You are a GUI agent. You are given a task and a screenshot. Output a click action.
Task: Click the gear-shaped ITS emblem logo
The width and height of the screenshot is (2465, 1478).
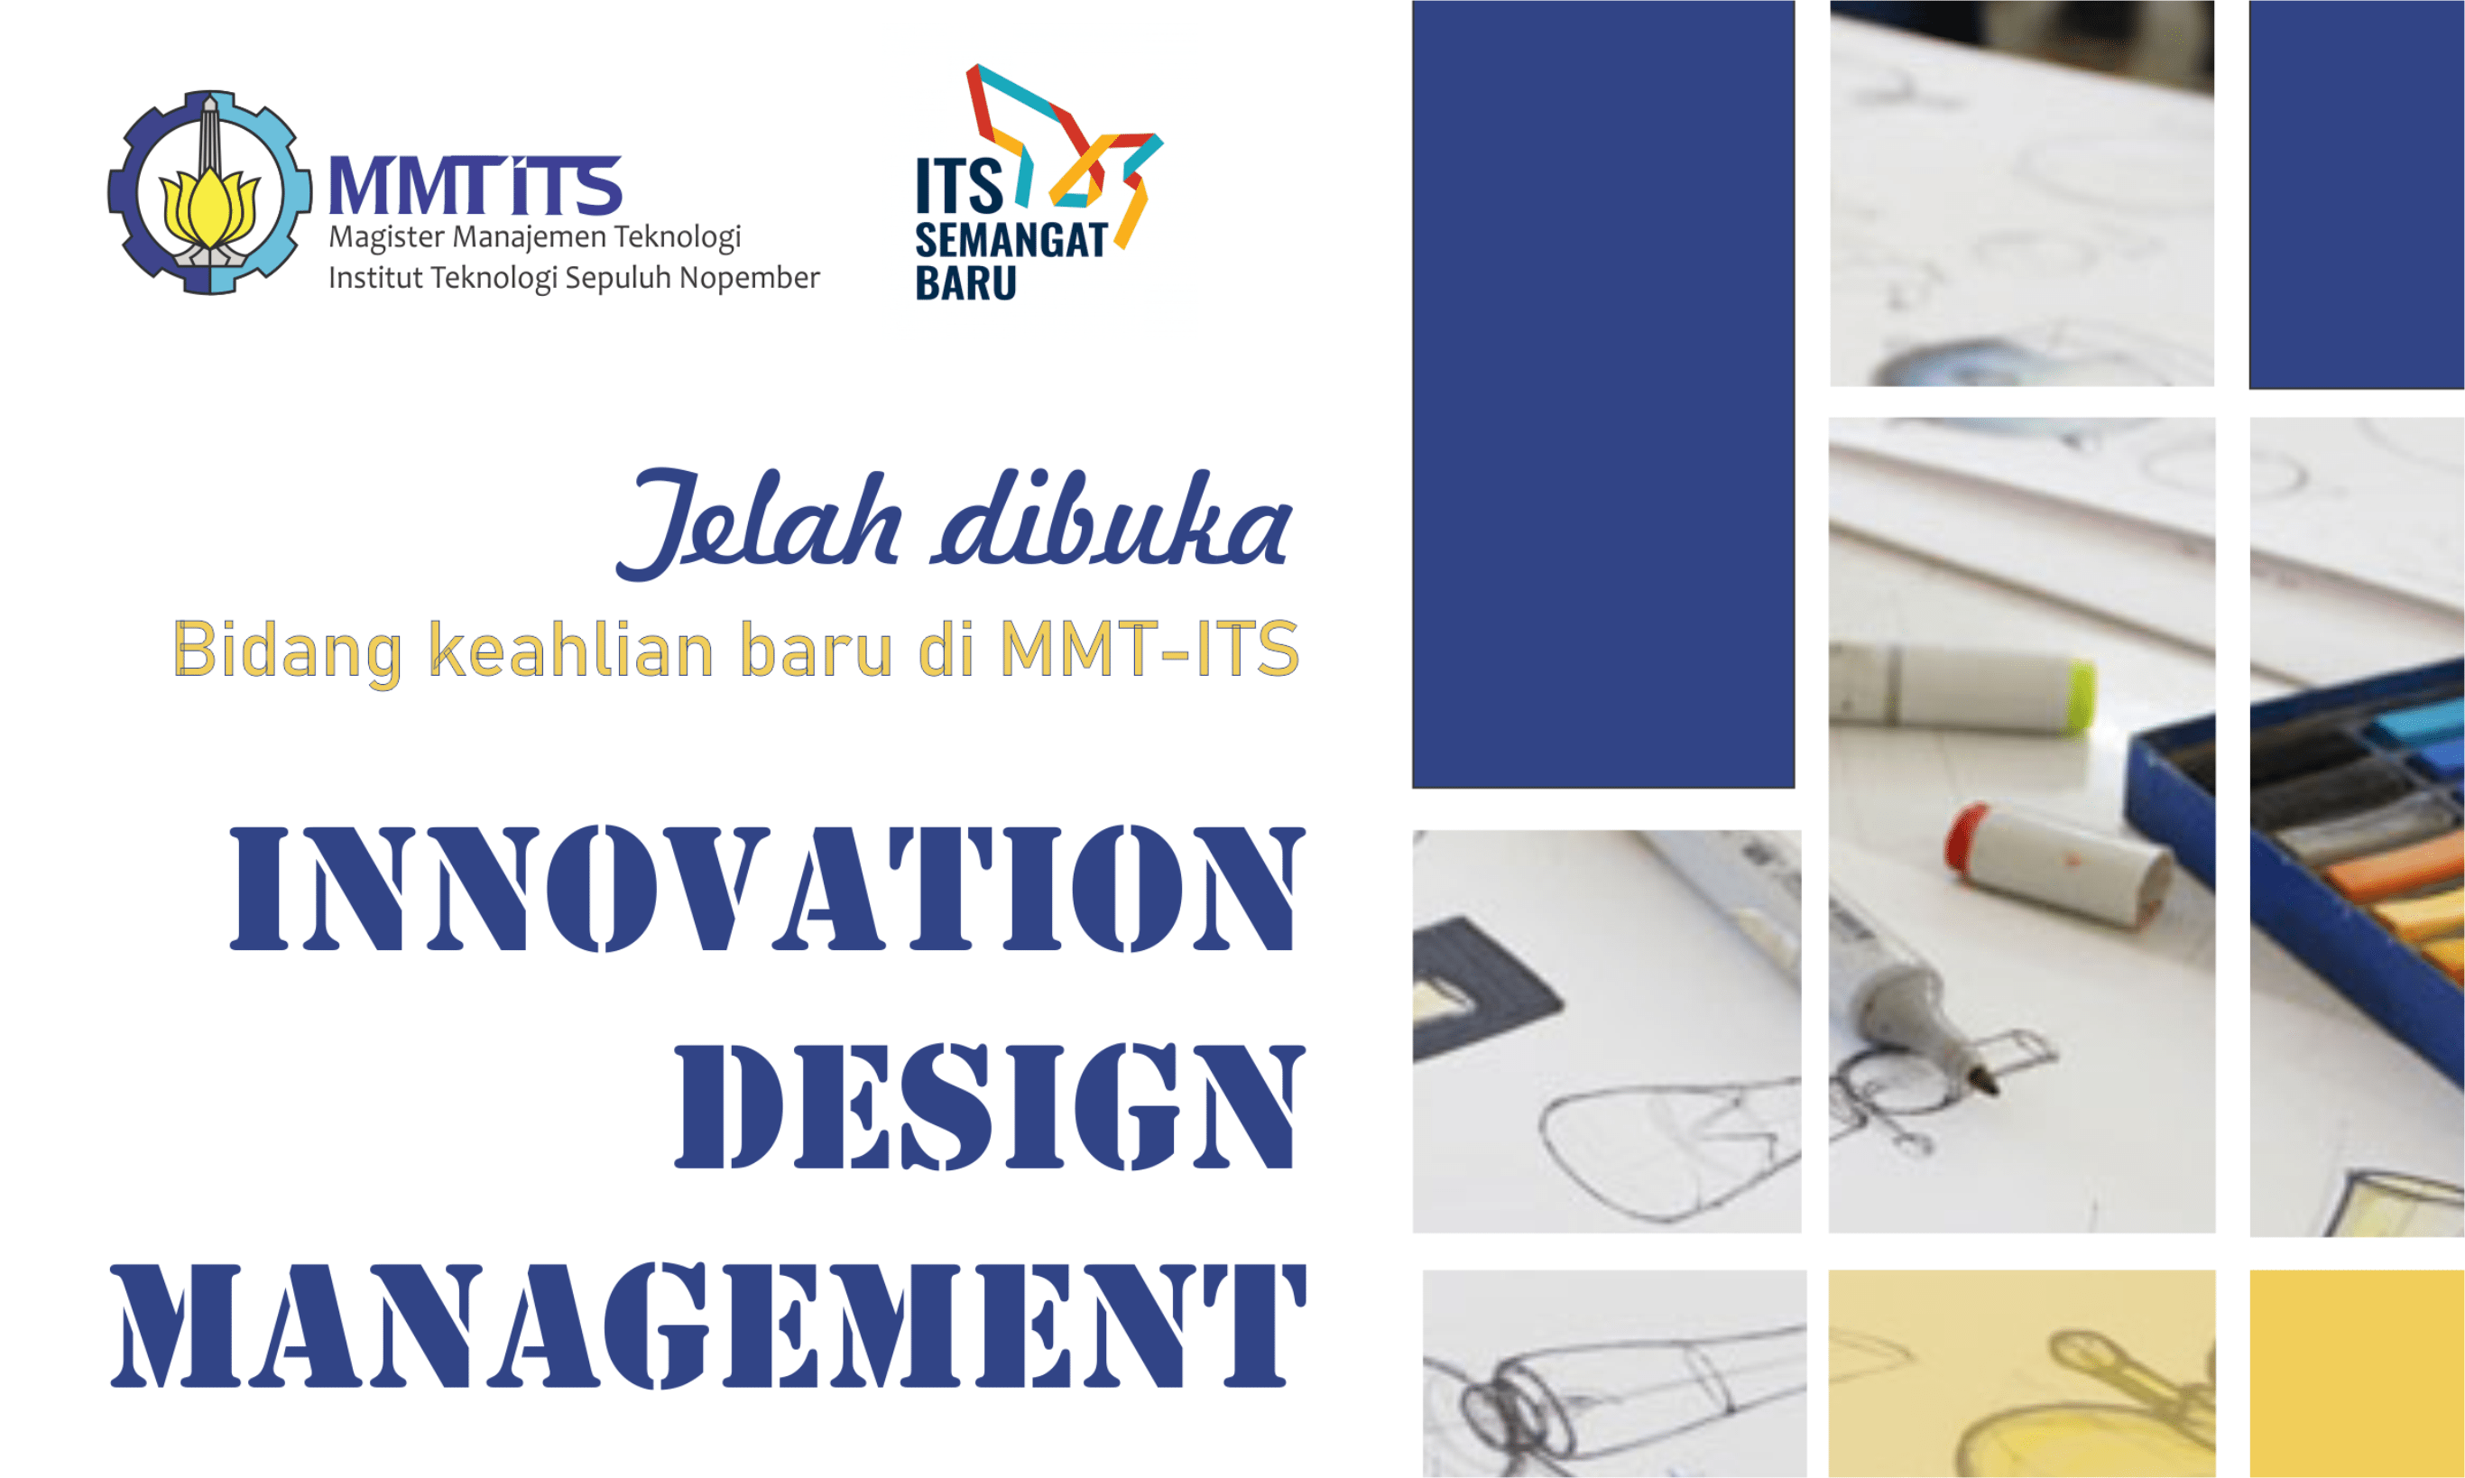pyautogui.click(x=208, y=192)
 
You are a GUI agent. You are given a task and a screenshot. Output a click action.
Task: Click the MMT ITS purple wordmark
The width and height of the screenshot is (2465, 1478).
pyautogui.click(x=475, y=186)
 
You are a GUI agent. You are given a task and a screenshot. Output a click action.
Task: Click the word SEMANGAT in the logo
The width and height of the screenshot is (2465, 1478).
pyautogui.click(x=1010, y=241)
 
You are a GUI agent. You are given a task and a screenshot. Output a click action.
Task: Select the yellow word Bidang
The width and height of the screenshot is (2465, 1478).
pyautogui.click(x=288, y=651)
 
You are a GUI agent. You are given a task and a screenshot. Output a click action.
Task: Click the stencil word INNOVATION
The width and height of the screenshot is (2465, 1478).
pyautogui.click(x=767, y=889)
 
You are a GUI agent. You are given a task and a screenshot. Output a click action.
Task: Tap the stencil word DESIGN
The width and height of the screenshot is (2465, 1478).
pyautogui.click(x=989, y=1106)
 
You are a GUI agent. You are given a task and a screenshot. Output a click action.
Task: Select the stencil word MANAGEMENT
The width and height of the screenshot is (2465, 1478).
pyautogui.click(x=707, y=1326)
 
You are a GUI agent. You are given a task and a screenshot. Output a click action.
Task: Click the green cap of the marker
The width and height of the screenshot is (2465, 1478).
pyautogui.click(x=2079, y=694)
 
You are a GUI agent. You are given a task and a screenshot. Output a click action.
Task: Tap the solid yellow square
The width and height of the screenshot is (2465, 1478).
pyautogui.click(x=2356, y=1372)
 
